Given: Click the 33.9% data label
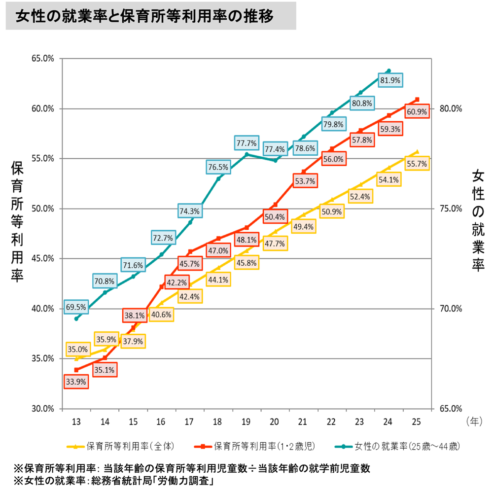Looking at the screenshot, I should click(76, 381).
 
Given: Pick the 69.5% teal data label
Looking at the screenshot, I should click(76, 307).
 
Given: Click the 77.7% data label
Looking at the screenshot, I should click(246, 143).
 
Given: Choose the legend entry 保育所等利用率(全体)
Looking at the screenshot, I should click(120, 447).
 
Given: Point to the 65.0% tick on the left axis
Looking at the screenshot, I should click(43, 59).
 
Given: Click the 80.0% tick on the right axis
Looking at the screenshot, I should click(450, 109).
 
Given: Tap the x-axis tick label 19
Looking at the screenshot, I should click(246, 422).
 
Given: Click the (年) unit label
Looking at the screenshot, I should click(474, 422).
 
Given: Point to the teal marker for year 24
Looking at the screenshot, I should click(389, 71).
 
